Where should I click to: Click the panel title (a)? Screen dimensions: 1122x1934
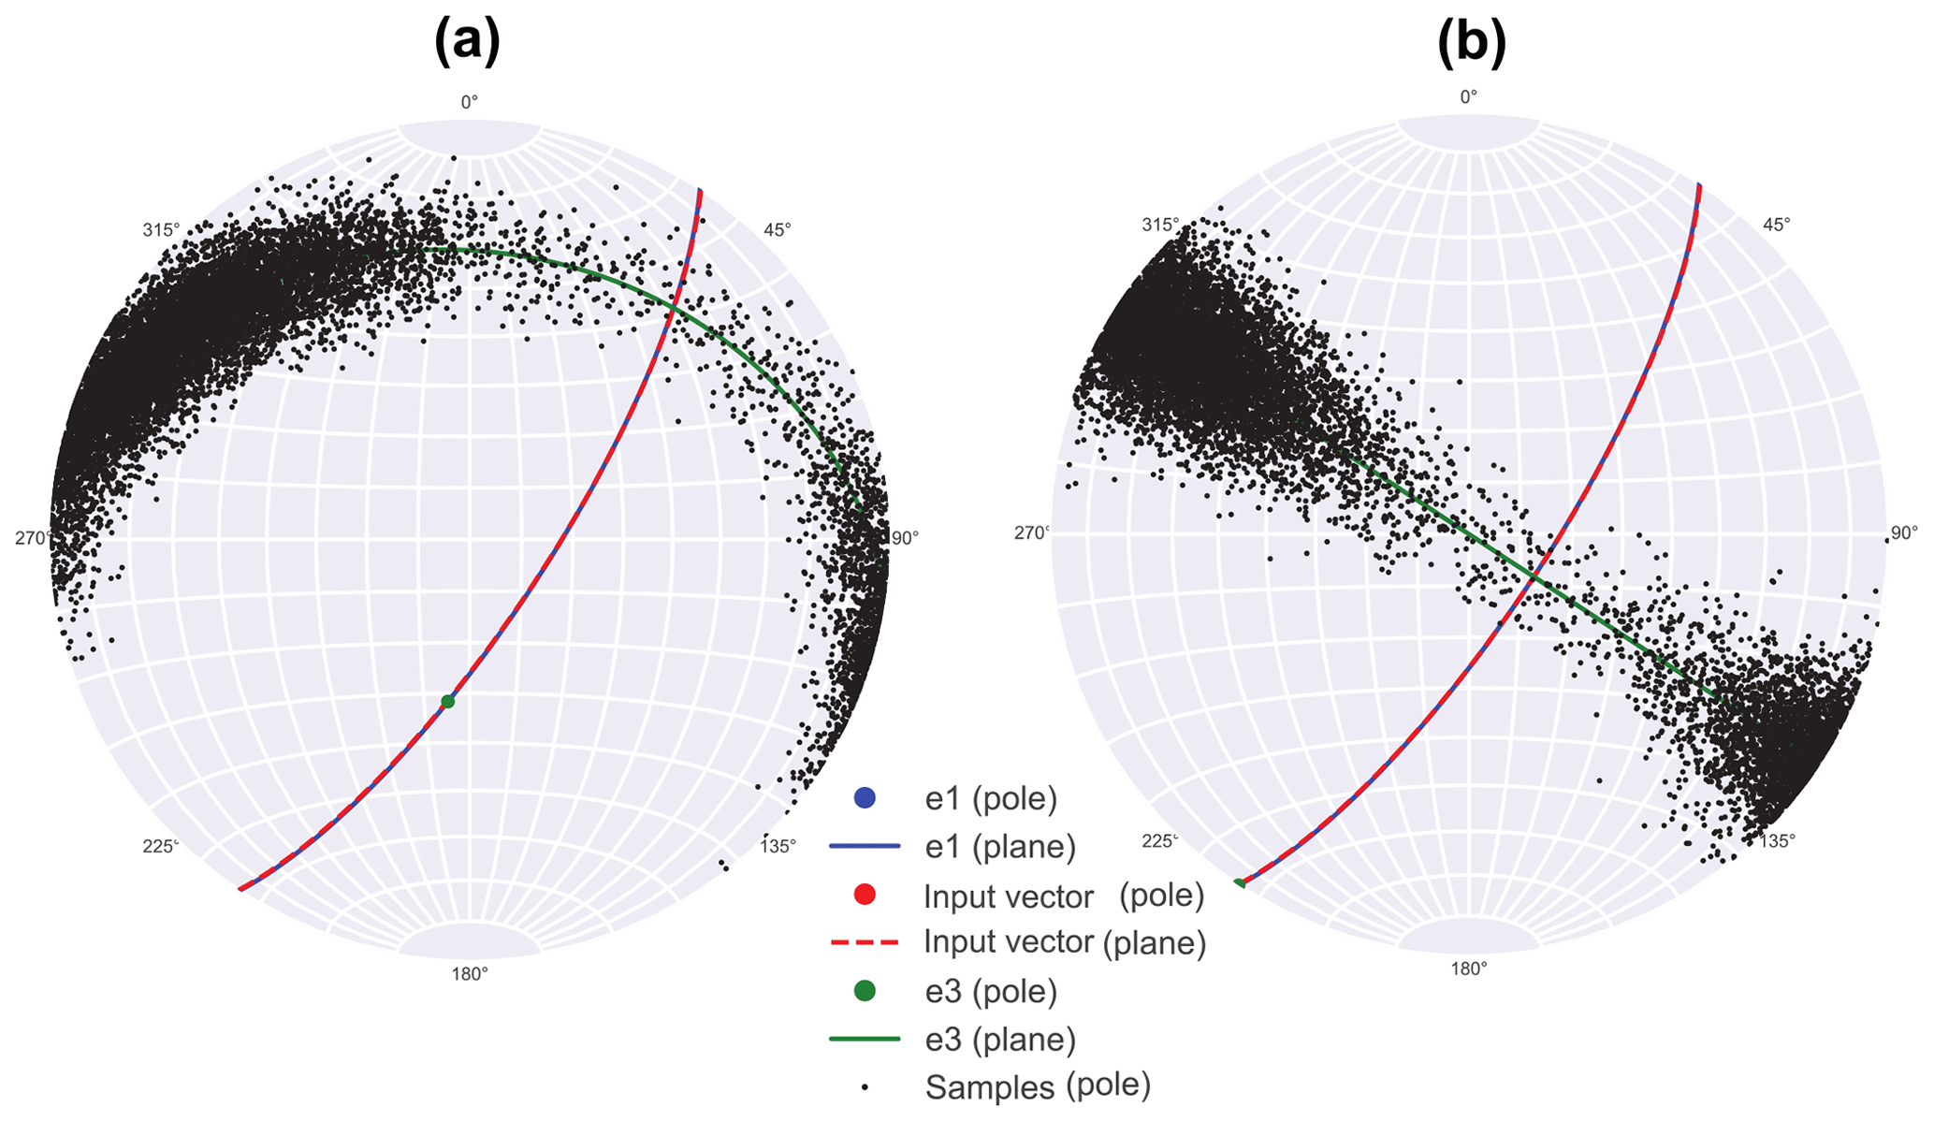pos(467,43)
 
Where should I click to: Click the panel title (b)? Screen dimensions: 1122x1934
pos(1471,43)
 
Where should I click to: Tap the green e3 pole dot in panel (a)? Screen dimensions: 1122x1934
pos(447,702)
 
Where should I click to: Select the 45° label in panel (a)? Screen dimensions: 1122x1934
pos(778,229)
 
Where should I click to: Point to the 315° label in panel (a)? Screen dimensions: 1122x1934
pos(161,230)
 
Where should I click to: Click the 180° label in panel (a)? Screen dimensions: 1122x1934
pos(470,974)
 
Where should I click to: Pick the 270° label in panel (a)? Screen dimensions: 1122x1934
pos(32,538)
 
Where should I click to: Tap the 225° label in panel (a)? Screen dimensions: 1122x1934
pos(160,846)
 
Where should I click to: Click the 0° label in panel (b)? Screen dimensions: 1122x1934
pos(1469,96)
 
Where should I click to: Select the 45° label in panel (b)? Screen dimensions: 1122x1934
pos(1776,225)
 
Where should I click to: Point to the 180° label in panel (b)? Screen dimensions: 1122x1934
pos(1469,969)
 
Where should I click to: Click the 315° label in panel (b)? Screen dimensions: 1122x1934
pos(1160,225)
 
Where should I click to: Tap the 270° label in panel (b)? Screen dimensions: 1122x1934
pos(1032,533)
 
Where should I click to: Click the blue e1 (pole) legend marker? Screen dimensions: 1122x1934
pos(865,798)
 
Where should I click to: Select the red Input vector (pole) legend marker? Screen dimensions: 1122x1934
pos(865,896)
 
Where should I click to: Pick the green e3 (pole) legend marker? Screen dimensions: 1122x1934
pos(865,991)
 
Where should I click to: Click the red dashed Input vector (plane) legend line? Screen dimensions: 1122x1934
pos(865,941)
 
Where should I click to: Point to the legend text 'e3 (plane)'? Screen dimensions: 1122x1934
pos(1000,1039)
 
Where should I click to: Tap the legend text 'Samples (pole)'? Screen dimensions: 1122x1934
pos(1038,1086)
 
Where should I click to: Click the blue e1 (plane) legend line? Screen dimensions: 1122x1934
pos(865,846)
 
